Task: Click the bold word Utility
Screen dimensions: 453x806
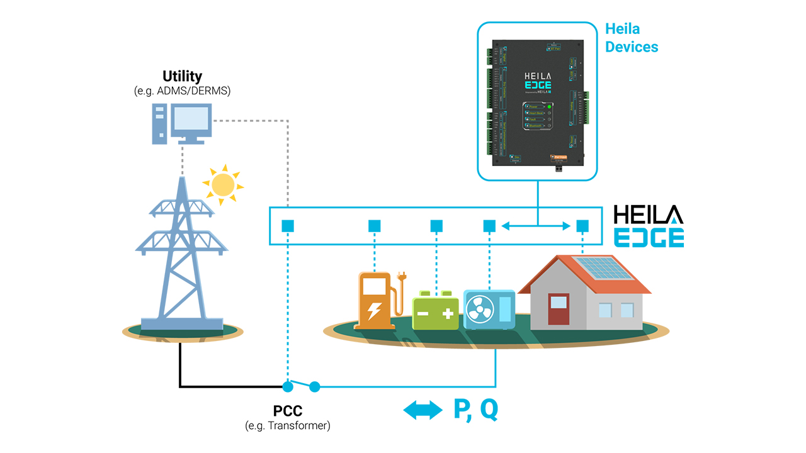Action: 182,77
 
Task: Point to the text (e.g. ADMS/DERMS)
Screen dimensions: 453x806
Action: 183,91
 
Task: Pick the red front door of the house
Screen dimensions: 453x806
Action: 558,311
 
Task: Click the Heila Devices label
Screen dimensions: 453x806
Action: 631,38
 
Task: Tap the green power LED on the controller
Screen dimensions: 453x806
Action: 549,108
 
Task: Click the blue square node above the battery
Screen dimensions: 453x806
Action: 436,226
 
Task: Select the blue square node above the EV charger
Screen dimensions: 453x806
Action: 374,226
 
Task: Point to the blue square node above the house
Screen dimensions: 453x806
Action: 582,226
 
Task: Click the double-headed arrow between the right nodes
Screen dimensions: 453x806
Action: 535,226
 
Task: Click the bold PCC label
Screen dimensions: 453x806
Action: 288,411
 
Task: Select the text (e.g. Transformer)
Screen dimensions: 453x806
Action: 288,426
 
